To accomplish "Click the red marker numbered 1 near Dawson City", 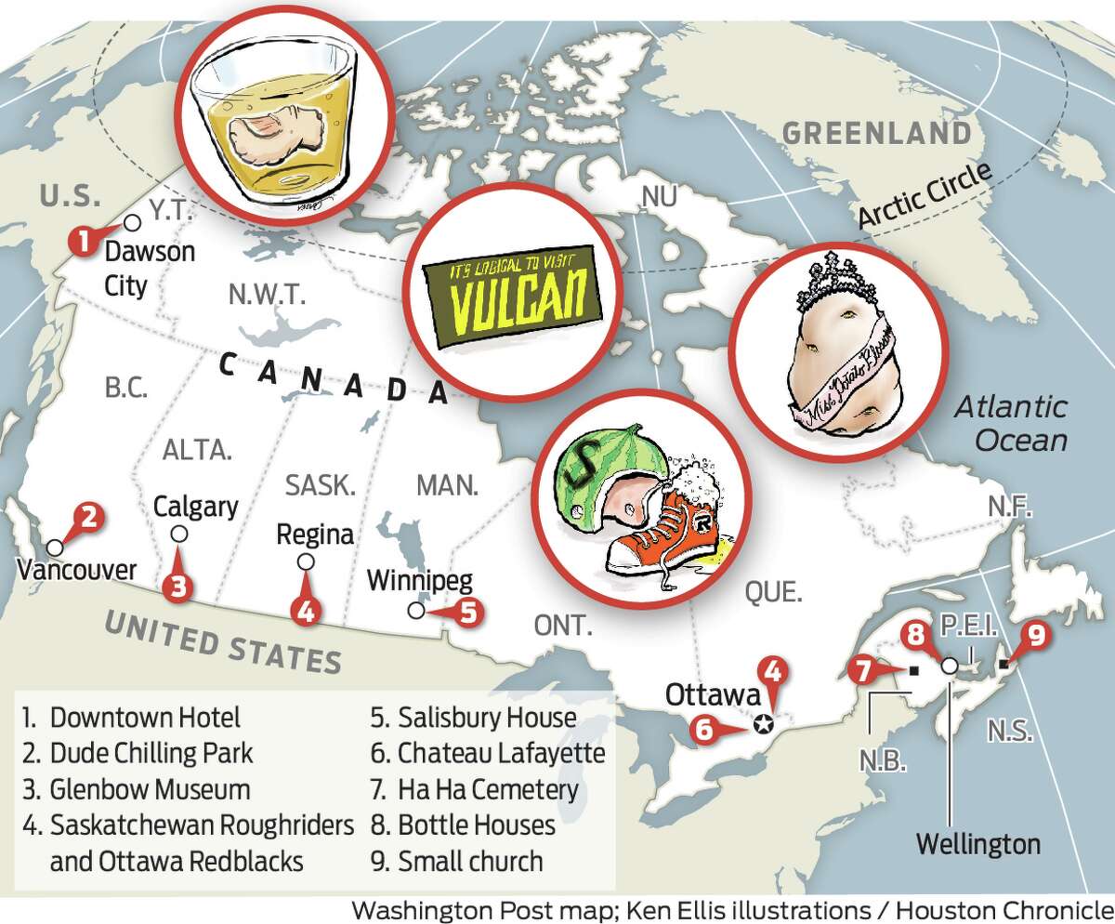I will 83,243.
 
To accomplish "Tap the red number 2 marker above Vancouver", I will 85,518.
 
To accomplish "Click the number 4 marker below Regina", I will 304,610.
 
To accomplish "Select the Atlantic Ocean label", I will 1011,423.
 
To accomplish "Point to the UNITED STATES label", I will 222,640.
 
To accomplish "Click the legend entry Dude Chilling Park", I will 138,753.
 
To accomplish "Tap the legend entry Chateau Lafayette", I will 501,753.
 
